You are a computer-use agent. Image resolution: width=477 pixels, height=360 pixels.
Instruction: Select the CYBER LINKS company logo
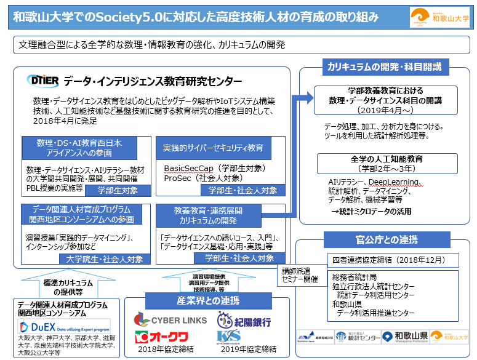coord(170,320)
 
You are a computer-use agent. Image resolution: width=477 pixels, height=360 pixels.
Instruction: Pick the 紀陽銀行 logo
coord(244,321)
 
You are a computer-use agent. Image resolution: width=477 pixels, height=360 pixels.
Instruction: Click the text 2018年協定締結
coord(166,350)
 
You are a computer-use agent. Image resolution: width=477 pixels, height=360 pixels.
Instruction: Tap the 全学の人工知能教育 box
coord(379,163)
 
